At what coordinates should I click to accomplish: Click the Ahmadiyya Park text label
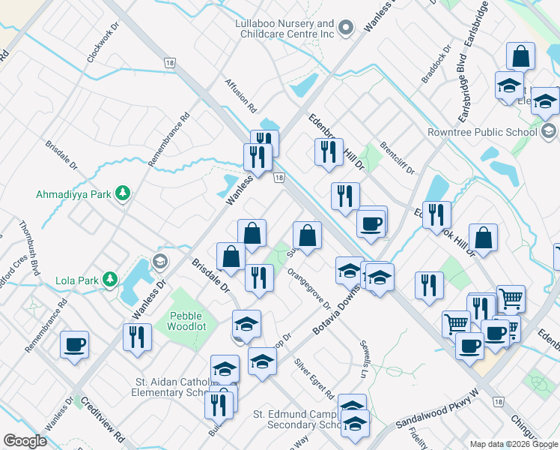(x=73, y=194)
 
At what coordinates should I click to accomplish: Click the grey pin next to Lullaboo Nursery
(x=345, y=28)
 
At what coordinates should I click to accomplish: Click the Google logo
(x=25, y=441)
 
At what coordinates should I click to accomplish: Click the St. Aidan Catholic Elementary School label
(x=171, y=387)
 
